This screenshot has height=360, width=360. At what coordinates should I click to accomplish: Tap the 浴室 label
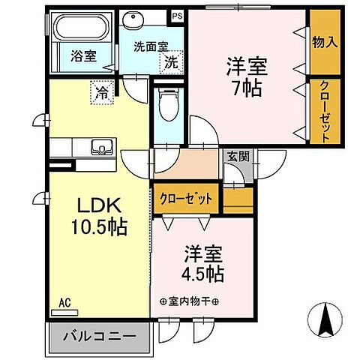click(x=82, y=55)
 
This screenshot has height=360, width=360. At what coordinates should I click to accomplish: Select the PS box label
click(x=177, y=15)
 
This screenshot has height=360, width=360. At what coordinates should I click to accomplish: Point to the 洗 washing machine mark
click(x=172, y=63)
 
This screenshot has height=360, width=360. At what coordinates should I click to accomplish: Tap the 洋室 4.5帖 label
click(x=196, y=264)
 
